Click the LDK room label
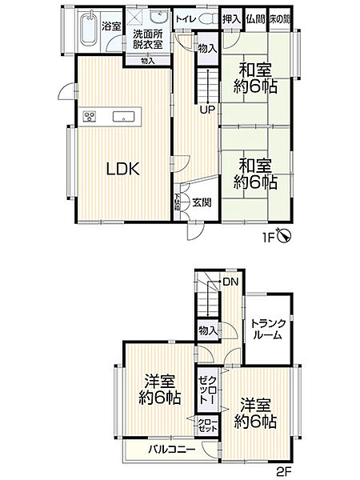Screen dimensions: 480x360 pyautogui.click(x=124, y=169)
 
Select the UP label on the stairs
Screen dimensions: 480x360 pyautogui.click(x=206, y=110)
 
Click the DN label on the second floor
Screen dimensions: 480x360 pyautogui.click(x=230, y=282)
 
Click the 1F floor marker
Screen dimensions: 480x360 pyautogui.click(x=270, y=237)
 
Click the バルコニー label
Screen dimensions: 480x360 pyautogui.click(x=171, y=450)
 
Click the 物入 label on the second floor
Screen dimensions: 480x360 pyautogui.click(x=206, y=330)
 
